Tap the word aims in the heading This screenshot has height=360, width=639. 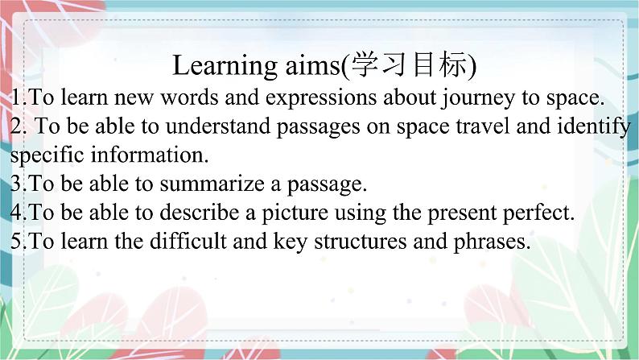tap(312, 65)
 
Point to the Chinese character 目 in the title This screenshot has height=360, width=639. tap(422, 64)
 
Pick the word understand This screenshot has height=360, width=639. tap(218, 126)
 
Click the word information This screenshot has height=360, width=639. tap(150, 155)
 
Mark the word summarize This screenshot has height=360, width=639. tap(212, 184)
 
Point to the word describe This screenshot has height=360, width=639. tap(199, 212)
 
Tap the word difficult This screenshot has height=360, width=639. tap(188, 241)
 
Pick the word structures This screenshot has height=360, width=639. tap(361, 241)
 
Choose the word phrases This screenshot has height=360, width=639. tap(493, 242)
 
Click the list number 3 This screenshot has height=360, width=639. tap(16, 184)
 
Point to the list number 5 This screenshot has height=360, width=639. tap(16, 241)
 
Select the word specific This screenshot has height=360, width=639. tap(47, 155)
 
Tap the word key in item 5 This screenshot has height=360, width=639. tap(291, 242)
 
